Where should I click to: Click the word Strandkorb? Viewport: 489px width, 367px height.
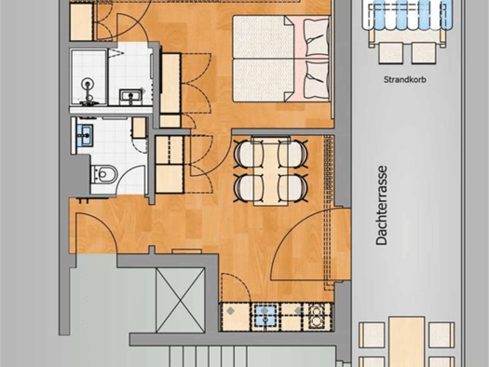405,79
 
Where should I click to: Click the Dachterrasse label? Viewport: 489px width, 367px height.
381,205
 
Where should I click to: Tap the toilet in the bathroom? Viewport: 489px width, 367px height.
104,174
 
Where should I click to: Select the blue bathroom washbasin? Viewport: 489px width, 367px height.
85,135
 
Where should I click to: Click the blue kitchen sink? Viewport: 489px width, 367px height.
265,317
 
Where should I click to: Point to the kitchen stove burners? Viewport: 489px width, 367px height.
318,317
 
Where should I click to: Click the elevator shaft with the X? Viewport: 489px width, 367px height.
181,300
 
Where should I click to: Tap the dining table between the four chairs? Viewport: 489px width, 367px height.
271,170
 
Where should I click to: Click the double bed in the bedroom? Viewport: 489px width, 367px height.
281,59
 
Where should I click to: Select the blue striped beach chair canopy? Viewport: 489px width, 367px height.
407,15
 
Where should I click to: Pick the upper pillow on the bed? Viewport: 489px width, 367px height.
317,37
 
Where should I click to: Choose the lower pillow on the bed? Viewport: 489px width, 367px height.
317,79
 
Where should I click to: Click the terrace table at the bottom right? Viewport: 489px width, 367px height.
407,342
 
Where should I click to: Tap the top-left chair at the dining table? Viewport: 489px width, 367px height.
248,154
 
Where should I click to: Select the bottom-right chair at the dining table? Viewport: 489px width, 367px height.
293,188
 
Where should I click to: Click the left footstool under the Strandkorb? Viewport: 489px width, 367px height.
391,53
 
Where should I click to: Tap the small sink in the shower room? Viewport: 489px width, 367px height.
131,97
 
